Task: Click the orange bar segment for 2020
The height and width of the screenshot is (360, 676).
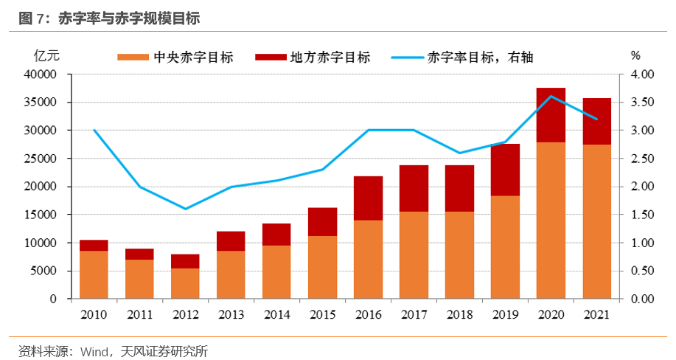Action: (x=551, y=220)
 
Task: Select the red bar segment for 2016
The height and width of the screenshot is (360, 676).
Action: (x=368, y=198)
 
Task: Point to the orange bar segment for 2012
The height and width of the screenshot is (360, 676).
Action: (x=185, y=283)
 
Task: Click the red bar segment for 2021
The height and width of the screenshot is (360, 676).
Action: (x=596, y=121)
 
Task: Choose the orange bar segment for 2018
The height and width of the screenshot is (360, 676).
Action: (x=459, y=255)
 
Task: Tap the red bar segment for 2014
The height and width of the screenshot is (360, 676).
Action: (x=276, y=234)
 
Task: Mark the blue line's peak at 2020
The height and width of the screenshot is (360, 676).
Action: (x=551, y=96)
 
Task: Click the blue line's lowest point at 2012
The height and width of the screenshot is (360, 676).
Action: (x=185, y=209)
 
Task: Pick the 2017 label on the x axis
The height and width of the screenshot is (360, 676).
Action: (x=414, y=315)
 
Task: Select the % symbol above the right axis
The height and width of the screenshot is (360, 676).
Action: (x=636, y=55)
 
